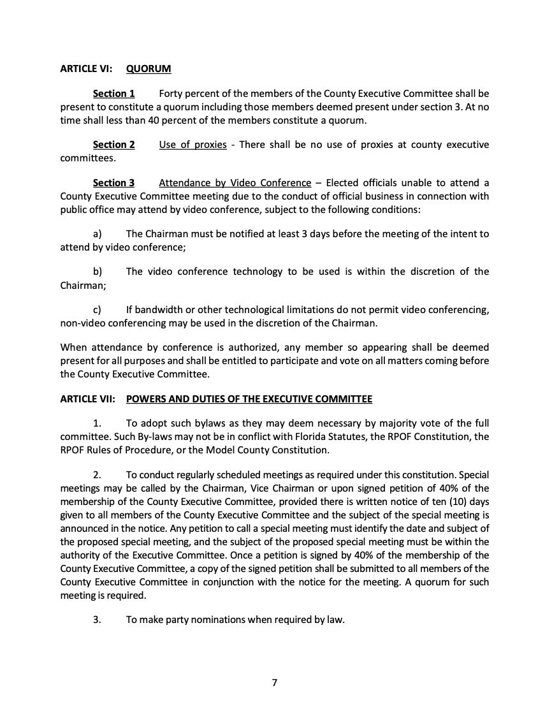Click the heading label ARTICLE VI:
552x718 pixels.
point(86,68)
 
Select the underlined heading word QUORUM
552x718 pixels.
point(149,68)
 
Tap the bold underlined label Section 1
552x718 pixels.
point(113,94)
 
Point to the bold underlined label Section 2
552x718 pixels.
point(113,145)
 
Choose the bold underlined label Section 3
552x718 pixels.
point(113,183)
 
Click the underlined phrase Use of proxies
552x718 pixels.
point(192,145)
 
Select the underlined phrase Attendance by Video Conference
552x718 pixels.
point(235,183)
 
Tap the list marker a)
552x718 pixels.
point(98,234)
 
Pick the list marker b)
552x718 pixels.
point(98,272)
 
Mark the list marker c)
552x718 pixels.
point(98,310)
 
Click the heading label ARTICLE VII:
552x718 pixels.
point(88,399)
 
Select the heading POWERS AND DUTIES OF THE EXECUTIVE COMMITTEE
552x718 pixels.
point(249,399)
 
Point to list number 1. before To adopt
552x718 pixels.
point(97,424)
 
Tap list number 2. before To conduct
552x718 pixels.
point(97,475)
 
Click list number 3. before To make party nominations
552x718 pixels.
point(97,619)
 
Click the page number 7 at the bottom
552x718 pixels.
point(275,683)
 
